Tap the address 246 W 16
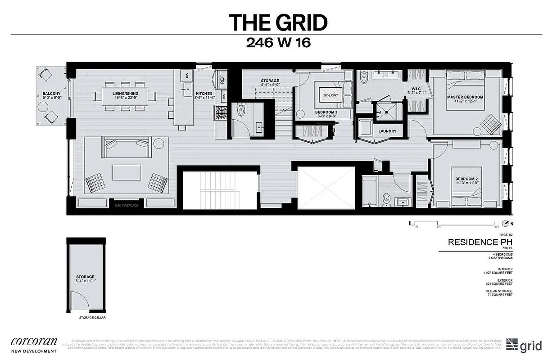point(278,43)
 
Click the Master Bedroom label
point(465,97)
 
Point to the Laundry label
point(387,131)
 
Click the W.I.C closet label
point(417,88)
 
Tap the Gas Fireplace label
point(127,205)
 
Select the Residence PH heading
point(480,242)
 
